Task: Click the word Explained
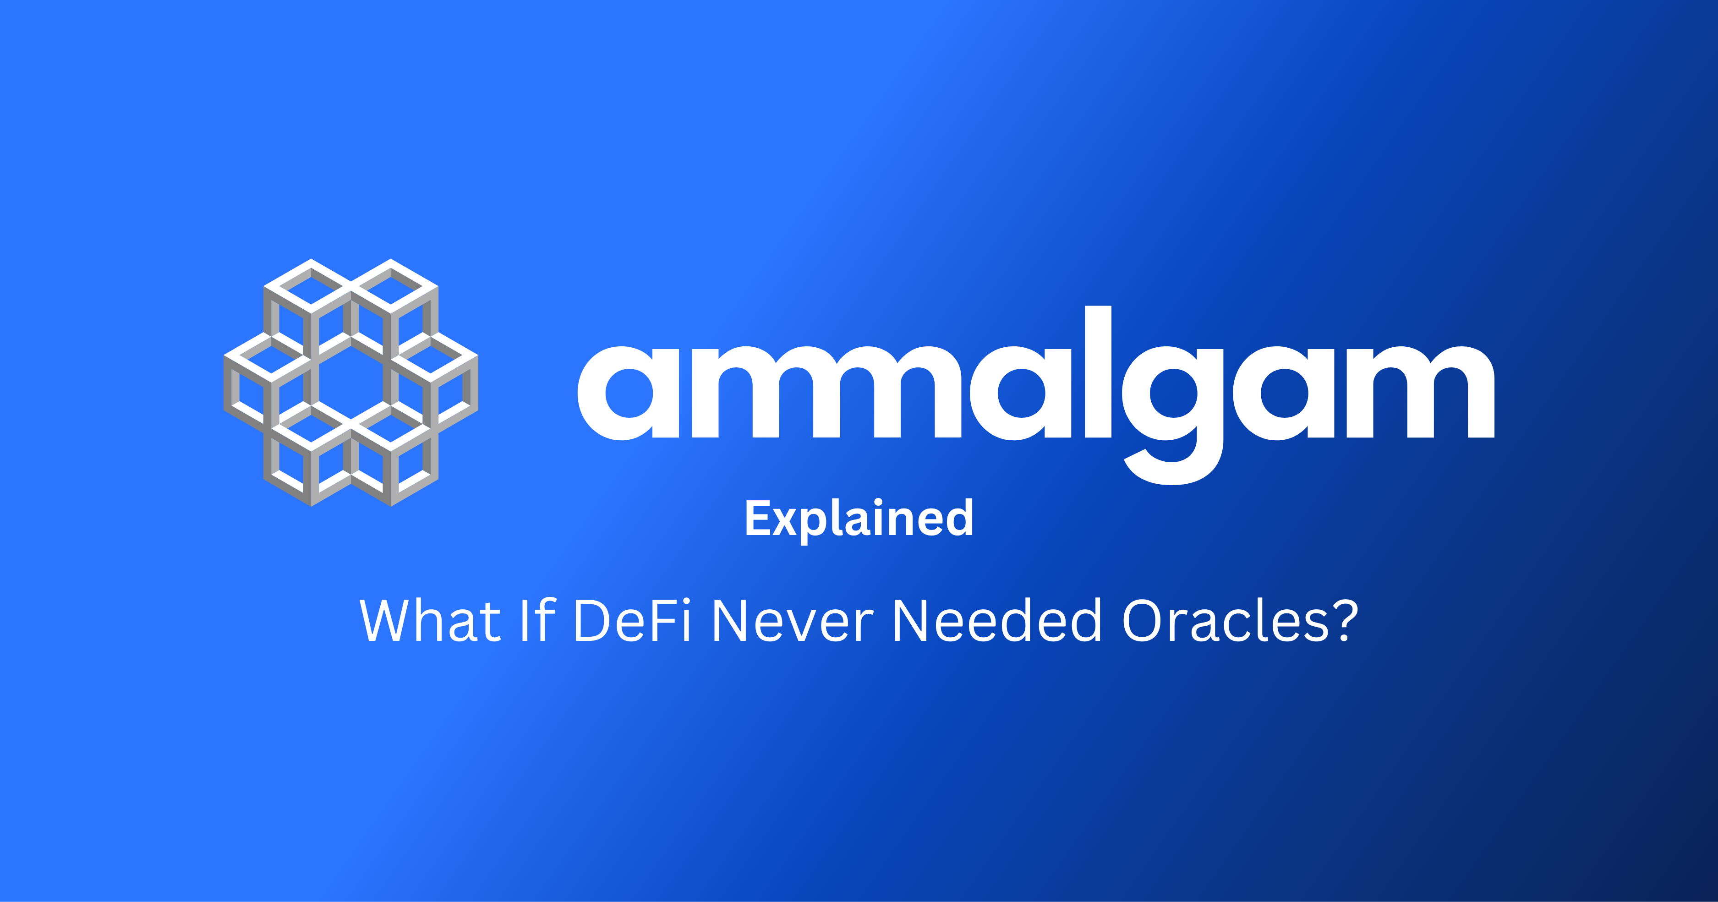click(859, 519)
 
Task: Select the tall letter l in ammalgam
click(1098, 372)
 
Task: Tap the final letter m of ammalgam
click(1421, 392)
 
